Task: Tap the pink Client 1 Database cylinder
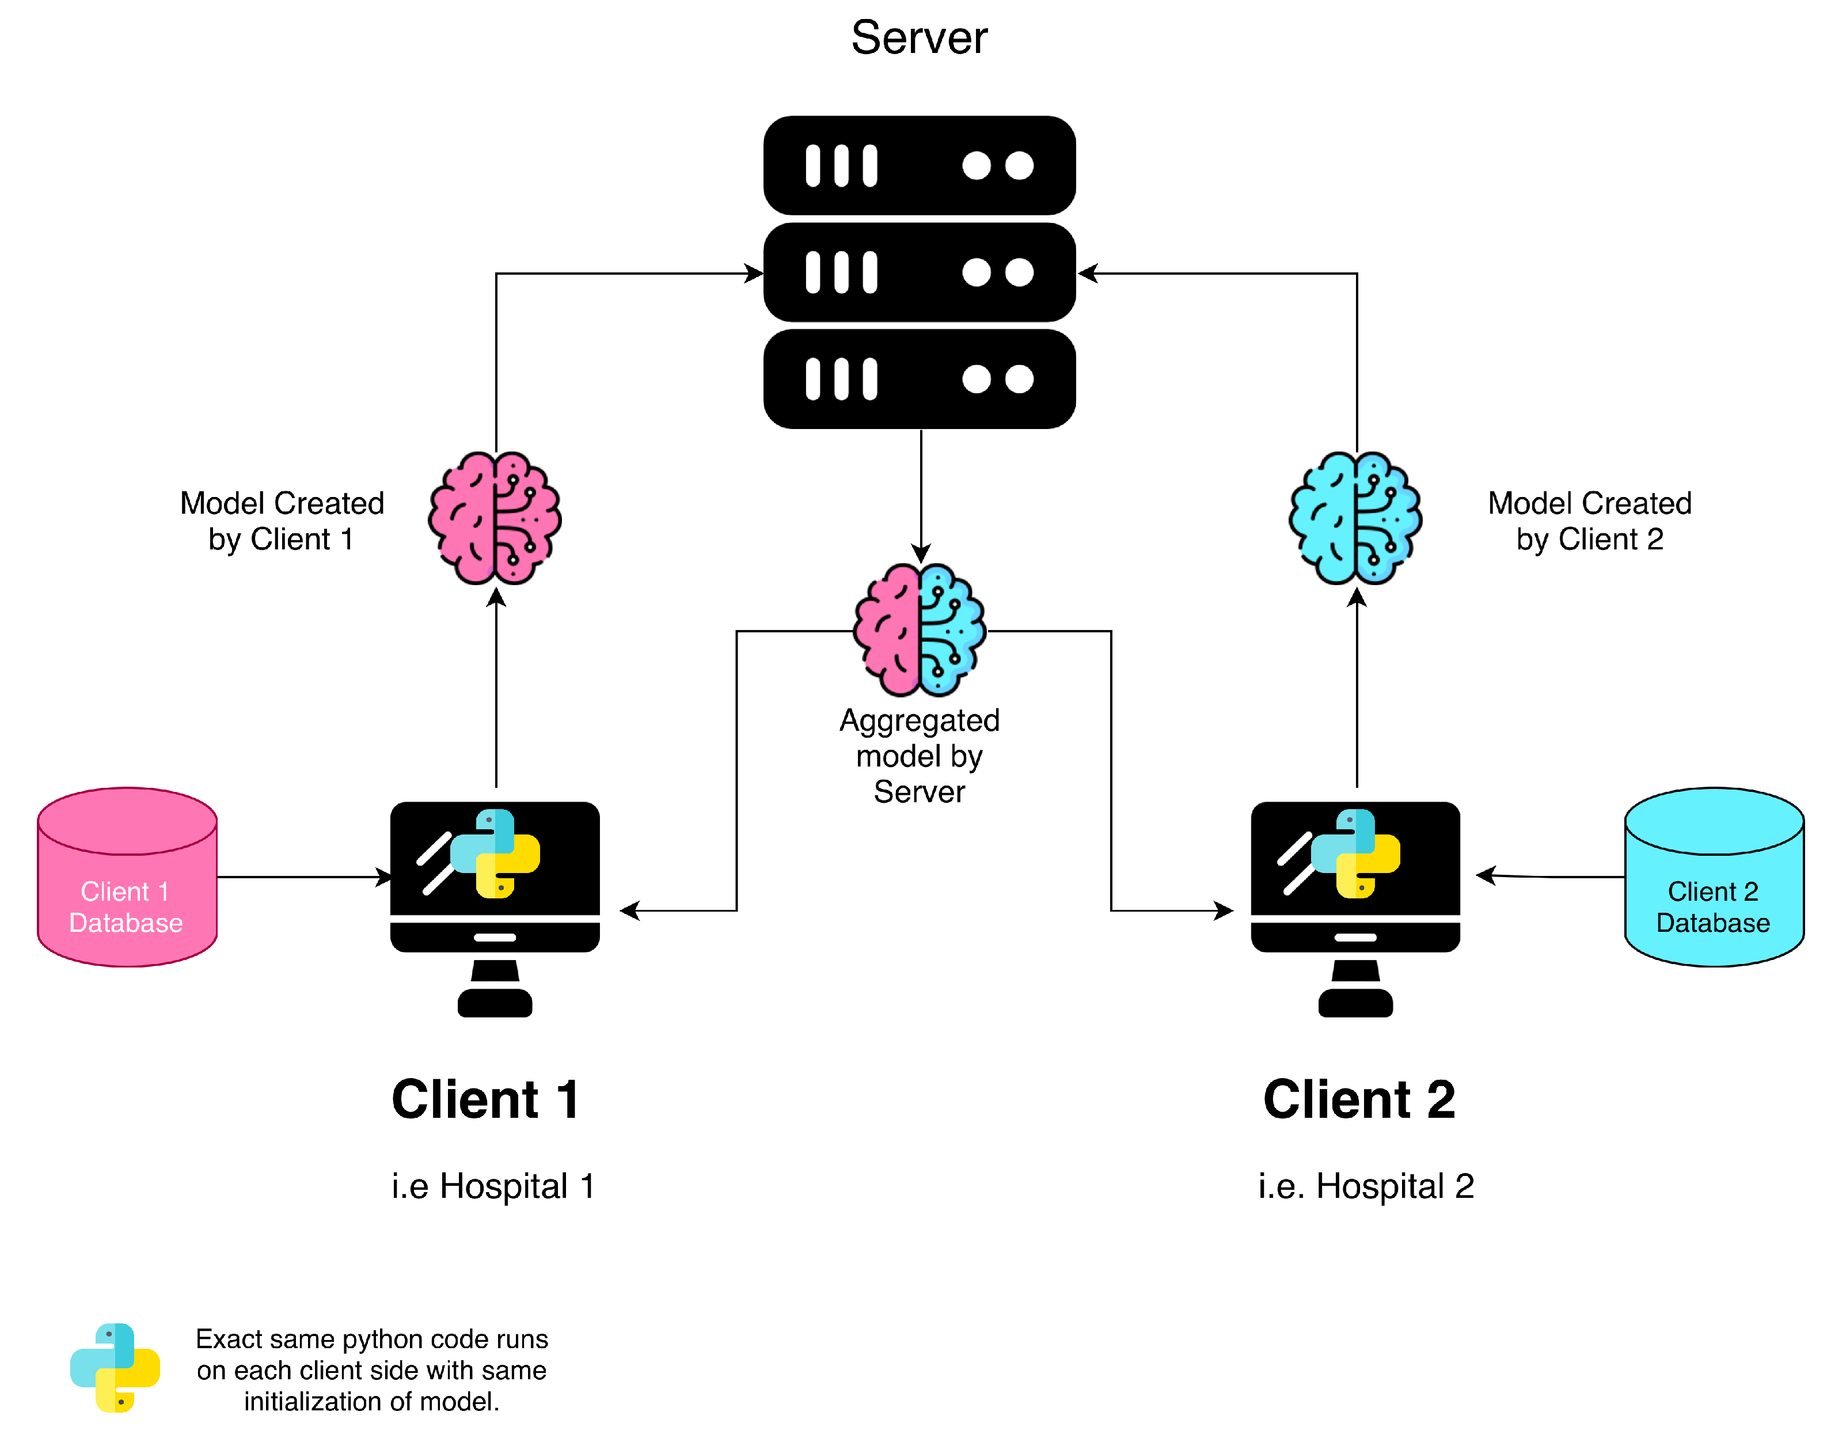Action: pyautogui.click(x=127, y=877)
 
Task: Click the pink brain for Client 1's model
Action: pyautogui.click(x=495, y=518)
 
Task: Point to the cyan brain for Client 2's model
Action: pyautogui.click(x=1355, y=518)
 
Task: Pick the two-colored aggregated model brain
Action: pyautogui.click(x=920, y=630)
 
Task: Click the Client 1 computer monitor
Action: pyautogui.click(x=495, y=909)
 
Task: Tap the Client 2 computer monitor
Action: pyautogui.click(x=1355, y=909)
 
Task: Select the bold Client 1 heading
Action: pyautogui.click(x=486, y=1099)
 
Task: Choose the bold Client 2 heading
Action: pyautogui.click(x=1359, y=1099)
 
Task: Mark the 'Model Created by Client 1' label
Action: pyautogui.click(x=282, y=521)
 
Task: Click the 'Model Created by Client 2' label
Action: pyautogui.click(x=1589, y=521)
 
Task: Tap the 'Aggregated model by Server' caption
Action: pyautogui.click(x=920, y=756)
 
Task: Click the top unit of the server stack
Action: pyautogui.click(x=920, y=165)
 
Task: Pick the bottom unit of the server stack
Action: pyautogui.click(x=920, y=379)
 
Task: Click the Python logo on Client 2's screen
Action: pyautogui.click(x=1355, y=853)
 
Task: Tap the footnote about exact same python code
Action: pyautogui.click(x=371, y=1370)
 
